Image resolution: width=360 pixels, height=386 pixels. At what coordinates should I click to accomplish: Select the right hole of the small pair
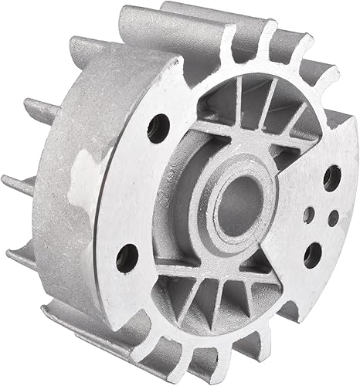[332, 218]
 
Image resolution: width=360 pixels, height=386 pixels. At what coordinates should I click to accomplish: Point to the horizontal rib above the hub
[232, 124]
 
